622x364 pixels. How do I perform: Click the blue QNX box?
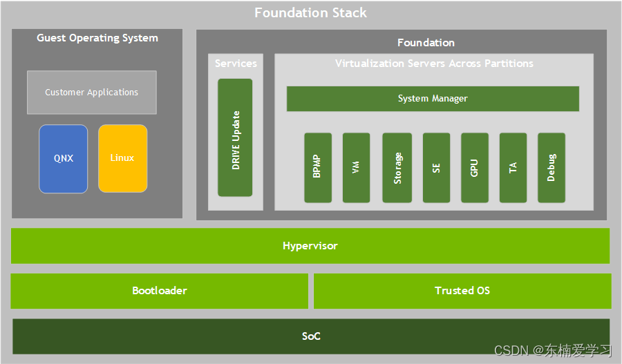point(63,158)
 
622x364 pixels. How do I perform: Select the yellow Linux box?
point(122,158)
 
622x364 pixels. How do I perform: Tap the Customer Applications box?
point(92,92)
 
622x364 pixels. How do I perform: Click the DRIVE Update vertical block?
point(235,137)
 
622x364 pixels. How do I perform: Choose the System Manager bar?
point(433,99)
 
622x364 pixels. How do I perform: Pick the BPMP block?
point(317,168)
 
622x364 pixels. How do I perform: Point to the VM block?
point(356,168)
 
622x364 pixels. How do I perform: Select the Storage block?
point(397,168)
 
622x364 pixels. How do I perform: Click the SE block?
point(436,168)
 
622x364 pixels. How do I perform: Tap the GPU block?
point(474,168)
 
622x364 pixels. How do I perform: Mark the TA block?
point(513,168)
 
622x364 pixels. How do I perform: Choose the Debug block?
point(551,168)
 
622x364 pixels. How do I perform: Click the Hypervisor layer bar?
point(310,246)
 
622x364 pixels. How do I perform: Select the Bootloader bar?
point(159,291)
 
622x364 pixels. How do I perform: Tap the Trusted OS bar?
point(462,291)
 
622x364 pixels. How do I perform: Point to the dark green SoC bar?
point(311,336)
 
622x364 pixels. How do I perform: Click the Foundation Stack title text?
point(310,12)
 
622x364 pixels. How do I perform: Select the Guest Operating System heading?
point(97,38)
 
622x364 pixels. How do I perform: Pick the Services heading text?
point(236,64)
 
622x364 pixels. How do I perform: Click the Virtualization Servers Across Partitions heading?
point(434,64)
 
